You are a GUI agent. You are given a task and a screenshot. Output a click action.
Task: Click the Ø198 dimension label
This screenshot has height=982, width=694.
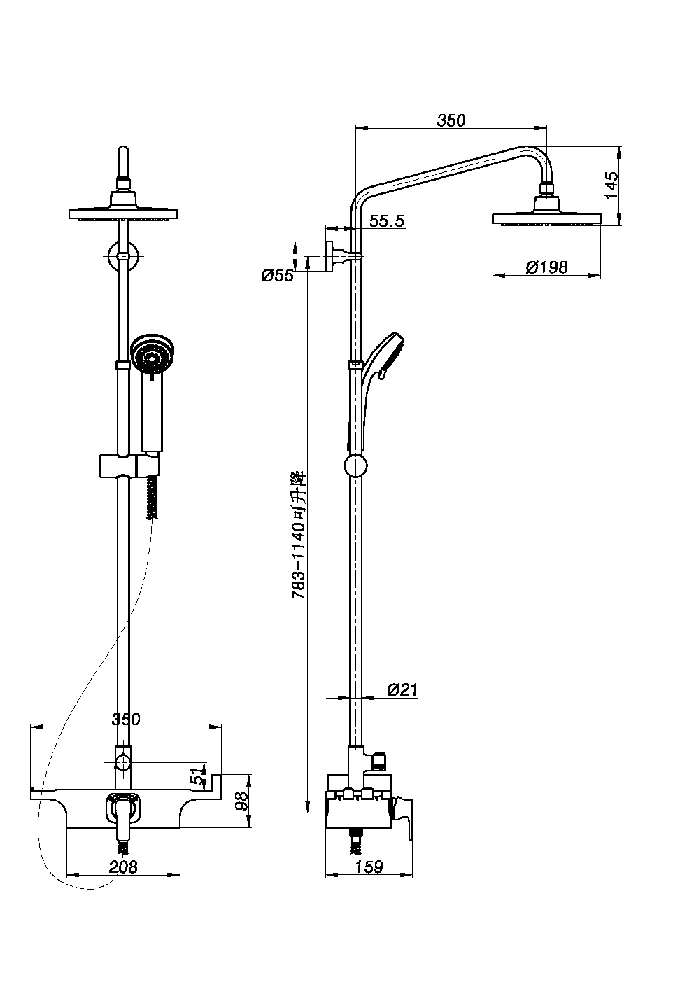[546, 267]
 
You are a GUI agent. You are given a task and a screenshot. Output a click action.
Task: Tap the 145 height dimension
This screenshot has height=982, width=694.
[611, 185]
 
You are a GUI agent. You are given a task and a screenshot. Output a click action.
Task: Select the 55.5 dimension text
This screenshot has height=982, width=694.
[387, 221]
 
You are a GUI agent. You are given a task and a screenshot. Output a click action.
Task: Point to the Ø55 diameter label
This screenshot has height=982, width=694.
[277, 275]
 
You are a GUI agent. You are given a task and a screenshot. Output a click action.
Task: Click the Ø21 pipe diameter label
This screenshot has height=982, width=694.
[403, 689]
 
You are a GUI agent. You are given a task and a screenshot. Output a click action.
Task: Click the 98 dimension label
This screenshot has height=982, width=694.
[241, 801]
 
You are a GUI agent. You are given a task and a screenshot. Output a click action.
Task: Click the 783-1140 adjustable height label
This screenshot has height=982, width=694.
[299, 535]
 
